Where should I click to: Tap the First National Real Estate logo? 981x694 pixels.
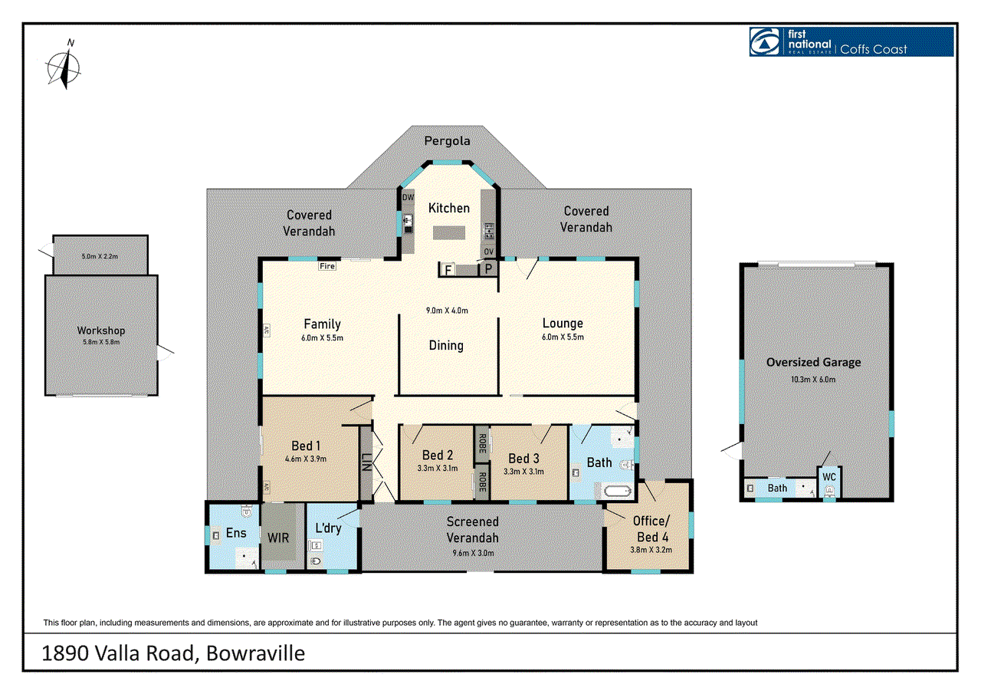[851, 41]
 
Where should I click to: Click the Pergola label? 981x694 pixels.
[448, 141]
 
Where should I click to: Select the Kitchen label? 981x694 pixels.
[448, 208]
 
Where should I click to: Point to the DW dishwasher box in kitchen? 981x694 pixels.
[408, 198]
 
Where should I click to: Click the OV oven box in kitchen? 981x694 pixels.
[488, 252]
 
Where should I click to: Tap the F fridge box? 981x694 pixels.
[447, 269]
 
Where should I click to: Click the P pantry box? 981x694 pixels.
[487, 269]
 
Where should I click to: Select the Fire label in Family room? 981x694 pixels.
[327, 267]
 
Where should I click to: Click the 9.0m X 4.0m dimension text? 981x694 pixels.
[447, 311]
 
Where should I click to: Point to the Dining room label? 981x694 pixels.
[446, 346]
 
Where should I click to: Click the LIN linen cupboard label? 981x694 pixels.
[366, 462]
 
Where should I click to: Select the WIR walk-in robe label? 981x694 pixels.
[278, 538]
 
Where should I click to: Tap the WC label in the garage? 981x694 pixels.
[829, 476]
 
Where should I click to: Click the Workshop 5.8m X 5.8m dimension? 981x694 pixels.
[100, 342]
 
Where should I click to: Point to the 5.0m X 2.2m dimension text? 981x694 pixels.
[100, 256]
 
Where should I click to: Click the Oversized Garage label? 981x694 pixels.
[813, 363]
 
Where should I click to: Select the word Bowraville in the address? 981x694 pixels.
[255, 653]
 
